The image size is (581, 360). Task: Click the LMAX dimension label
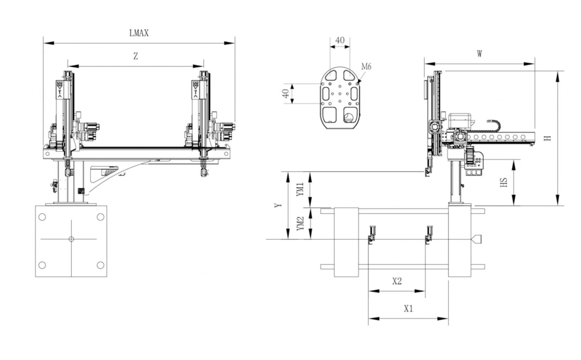(x=138, y=33)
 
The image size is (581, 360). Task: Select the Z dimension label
(x=136, y=56)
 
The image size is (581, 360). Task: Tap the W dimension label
(x=479, y=54)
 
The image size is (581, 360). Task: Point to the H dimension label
(x=548, y=138)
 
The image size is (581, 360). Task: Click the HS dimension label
(x=504, y=182)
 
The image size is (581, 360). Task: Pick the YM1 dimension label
(x=301, y=189)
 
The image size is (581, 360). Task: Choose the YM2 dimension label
(x=301, y=224)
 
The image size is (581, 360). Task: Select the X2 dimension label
(x=397, y=281)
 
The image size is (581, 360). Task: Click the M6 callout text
(x=366, y=67)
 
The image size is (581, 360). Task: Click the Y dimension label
(x=278, y=205)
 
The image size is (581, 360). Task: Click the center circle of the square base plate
(x=71, y=239)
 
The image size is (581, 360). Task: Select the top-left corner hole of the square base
(x=42, y=217)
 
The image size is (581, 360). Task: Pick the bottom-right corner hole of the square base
(x=100, y=265)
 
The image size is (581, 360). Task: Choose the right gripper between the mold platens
(x=428, y=234)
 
